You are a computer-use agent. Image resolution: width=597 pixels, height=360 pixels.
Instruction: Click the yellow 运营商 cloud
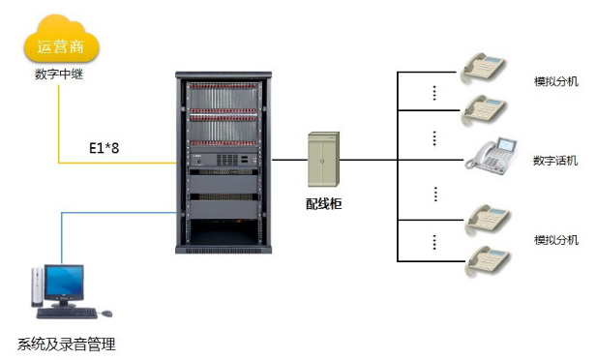coord(61,40)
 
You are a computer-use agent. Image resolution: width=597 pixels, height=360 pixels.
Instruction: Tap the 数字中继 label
coord(59,74)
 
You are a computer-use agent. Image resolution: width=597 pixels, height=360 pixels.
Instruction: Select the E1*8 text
coord(104,148)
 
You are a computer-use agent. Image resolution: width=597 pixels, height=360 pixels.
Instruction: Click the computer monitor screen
coord(64,282)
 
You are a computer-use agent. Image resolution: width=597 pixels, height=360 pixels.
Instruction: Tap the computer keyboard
coord(67,314)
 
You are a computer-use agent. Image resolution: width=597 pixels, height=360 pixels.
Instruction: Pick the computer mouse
coord(106,314)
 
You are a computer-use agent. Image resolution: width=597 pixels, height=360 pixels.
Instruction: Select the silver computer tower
coord(38,286)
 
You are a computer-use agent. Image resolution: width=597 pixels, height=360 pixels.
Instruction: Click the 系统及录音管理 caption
coord(66,344)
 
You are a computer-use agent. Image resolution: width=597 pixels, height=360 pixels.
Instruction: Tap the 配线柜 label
coord(323,204)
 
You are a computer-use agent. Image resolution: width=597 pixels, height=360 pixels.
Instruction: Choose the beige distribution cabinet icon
coord(323,160)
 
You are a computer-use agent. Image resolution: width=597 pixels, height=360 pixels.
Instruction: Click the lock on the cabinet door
coord(322,162)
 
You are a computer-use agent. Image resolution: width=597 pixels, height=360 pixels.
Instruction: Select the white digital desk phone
coord(492,156)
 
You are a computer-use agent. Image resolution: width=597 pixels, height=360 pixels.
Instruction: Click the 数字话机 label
coord(555,161)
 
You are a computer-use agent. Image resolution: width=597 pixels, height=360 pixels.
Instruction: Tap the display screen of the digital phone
coord(507,144)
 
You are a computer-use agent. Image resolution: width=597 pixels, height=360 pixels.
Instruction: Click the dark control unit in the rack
coord(224,160)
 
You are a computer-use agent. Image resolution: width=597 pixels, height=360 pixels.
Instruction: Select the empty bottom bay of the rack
coord(224,232)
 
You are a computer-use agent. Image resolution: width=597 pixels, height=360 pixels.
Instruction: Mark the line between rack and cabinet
coord(289,160)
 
